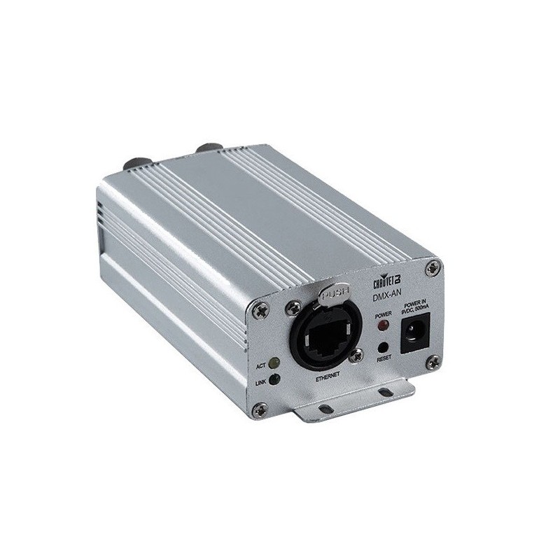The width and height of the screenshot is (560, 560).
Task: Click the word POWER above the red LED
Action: (382, 315)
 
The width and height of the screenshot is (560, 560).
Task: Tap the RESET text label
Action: (384, 357)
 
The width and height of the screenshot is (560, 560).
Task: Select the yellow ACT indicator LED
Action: (274, 363)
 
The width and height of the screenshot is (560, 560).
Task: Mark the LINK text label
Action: (260, 382)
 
